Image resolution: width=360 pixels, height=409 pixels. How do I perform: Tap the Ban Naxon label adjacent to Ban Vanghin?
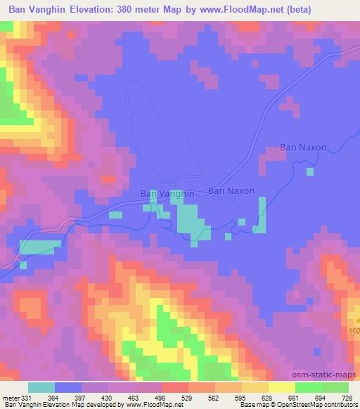pyautogui.click(x=231, y=190)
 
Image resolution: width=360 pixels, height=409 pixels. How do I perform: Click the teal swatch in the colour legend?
pyautogui.click(x=41, y=387)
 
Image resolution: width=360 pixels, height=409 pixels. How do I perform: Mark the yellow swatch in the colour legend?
pyautogui.click(x=282, y=387)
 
